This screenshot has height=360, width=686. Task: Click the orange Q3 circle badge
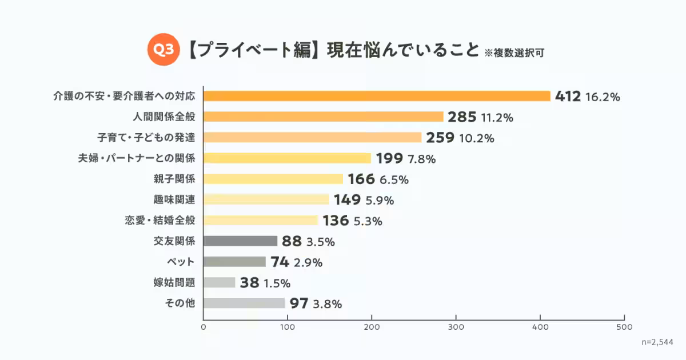[164, 50]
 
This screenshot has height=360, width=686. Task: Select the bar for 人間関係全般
[324, 117]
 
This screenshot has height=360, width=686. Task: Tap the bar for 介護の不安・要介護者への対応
[377, 96]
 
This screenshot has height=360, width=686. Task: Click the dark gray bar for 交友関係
[241, 241]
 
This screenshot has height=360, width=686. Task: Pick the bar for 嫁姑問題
[220, 282]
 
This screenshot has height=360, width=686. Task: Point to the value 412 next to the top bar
[568, 97]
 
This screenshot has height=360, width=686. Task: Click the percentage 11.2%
[497, 118]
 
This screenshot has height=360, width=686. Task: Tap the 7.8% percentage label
[421, 159]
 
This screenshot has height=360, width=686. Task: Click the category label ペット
[183, 262]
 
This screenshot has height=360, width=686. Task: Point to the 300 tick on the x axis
[456, 327]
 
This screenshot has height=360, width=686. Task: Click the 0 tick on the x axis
[204, 327]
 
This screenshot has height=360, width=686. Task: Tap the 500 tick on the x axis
[624, 327]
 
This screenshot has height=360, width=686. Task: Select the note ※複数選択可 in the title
[514, 53]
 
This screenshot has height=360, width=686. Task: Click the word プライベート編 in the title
[252, 50]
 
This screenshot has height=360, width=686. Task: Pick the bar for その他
[244, 303]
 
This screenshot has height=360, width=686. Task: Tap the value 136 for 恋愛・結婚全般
[336, 221]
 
